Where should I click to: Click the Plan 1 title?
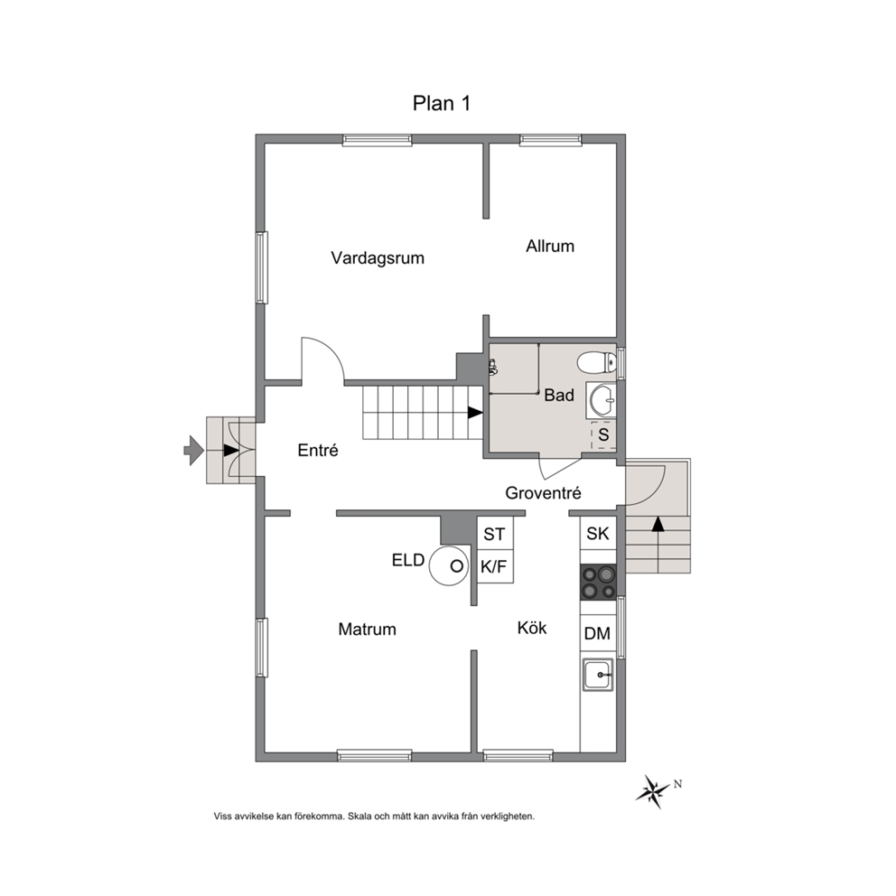pos(441,104)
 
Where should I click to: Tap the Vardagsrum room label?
pos(378,257)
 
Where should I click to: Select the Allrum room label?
pos(550,247)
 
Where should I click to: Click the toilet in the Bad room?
pos(596,361)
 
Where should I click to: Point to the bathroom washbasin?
pos(602,399)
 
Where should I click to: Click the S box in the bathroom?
pos(603,434)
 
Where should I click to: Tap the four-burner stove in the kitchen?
pos(598,583)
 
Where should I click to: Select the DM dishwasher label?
pos(597,633)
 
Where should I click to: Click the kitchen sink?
pos(598,675)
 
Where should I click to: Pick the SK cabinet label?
pos(598,533)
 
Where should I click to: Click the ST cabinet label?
pos(494,535)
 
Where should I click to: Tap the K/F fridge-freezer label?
pos(494,567)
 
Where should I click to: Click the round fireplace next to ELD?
pos(449,565)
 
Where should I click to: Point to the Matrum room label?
pos(367,630)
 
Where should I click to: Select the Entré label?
pos(318,451)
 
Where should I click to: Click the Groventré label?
pos(543,492)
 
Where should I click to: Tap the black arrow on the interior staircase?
pos(475,412)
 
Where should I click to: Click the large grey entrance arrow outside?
pos(193,451)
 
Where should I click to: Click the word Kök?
pos(531,628)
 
